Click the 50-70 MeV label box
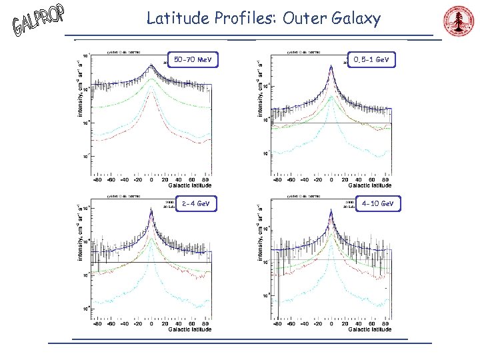[192, 61]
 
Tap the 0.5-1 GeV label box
[372, 60]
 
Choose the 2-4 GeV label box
[192, 203]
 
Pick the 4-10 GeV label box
[377, 203]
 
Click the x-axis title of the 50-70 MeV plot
[189, 185]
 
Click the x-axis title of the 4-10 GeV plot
[369, 329]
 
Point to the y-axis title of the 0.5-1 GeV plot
[261, 88]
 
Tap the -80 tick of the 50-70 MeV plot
[98, 179]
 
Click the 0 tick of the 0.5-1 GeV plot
[332, 179]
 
